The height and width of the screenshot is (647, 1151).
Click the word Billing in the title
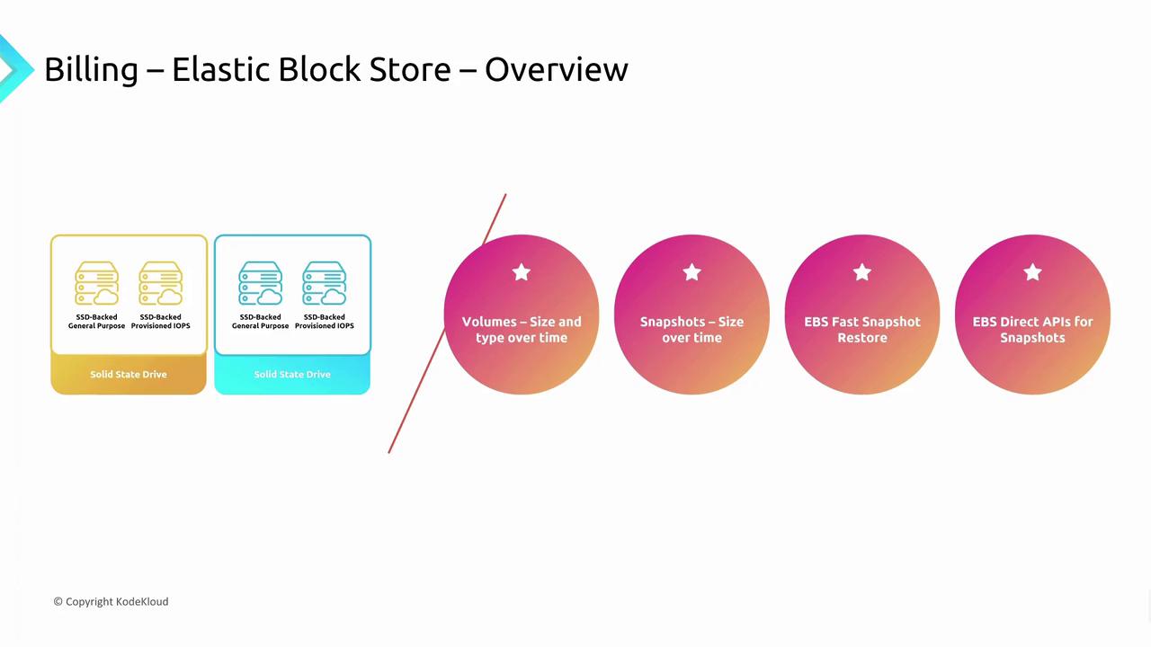(x=92, y=70)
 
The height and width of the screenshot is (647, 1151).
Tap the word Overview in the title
(x=556, y=69)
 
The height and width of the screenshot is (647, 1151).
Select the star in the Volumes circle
(x=522, y=272)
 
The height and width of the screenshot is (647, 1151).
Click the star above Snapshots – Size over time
(x=692, y=272)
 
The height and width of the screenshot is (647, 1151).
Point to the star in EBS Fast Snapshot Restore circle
(x=862, y=272)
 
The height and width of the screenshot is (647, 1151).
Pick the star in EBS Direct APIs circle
(x=1033, y=272)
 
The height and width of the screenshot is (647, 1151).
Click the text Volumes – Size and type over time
(x=522, y=330)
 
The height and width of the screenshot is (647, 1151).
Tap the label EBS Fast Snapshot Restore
(x=862, y=330)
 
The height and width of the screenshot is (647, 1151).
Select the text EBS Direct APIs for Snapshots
(x=1033, y=330)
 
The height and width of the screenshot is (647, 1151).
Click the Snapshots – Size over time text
(x=692, y=330)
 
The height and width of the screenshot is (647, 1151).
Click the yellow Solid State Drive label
(x=129, y=375)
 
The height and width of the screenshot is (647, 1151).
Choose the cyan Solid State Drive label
(x=292, y=375)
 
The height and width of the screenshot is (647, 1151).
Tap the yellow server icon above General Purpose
(x=96, y=283)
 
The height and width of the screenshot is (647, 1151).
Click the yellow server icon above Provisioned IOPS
(x=160, y=283)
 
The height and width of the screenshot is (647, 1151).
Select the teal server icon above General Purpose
(x=261, y=283)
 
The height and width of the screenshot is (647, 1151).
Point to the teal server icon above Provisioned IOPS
(x=325, y=283)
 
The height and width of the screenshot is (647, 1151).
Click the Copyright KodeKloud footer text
(x=111, y=602)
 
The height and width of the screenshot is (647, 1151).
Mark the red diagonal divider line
(x=447, y=323)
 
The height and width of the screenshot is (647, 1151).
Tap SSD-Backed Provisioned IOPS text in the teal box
(x=325, y=322)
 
